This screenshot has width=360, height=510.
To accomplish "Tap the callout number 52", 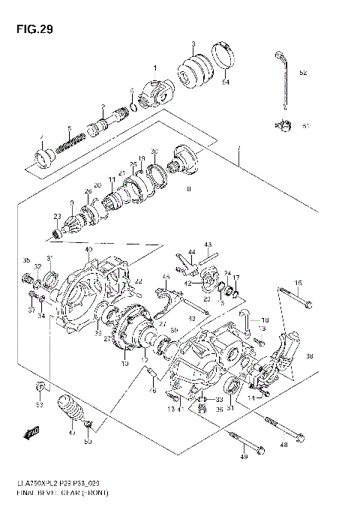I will (303, 73).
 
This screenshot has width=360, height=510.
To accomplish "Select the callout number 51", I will (305, 126).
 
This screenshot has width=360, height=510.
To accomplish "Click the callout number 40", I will (88, 250).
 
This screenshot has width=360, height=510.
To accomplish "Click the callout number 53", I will (40, 406).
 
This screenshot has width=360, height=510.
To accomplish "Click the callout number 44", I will (191, 252).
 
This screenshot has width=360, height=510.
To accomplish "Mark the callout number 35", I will (26, 260).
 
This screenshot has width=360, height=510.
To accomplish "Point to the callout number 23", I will (56, 217).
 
